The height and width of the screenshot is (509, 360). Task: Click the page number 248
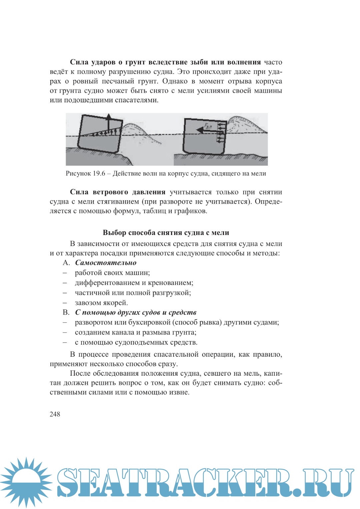tap(55, 414)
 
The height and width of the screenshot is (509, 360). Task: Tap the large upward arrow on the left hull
tap(108, 123)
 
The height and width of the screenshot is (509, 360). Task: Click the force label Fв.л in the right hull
tap(208, 126)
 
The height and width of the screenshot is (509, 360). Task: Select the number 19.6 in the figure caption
tap(99, 173)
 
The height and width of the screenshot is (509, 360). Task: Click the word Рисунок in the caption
tap(78, 173)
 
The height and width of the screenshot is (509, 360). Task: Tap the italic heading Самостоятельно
tap(106, 263)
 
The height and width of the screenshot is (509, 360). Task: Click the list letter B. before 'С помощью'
tap(66, 312)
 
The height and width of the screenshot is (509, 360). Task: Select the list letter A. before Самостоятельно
tap(66, 263)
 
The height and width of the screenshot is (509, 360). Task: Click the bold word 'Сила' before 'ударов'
tap(79, 62)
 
